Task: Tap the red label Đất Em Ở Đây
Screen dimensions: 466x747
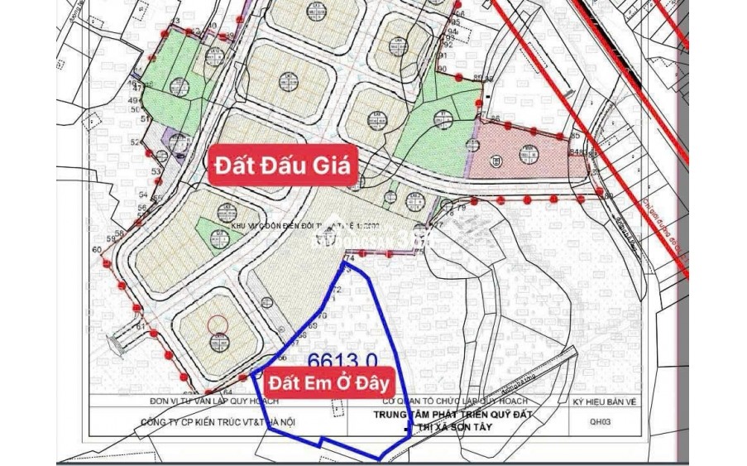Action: coord(328,383)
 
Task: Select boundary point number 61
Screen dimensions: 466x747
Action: coord(141,328)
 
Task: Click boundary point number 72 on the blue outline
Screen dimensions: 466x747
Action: coord(336,290)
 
